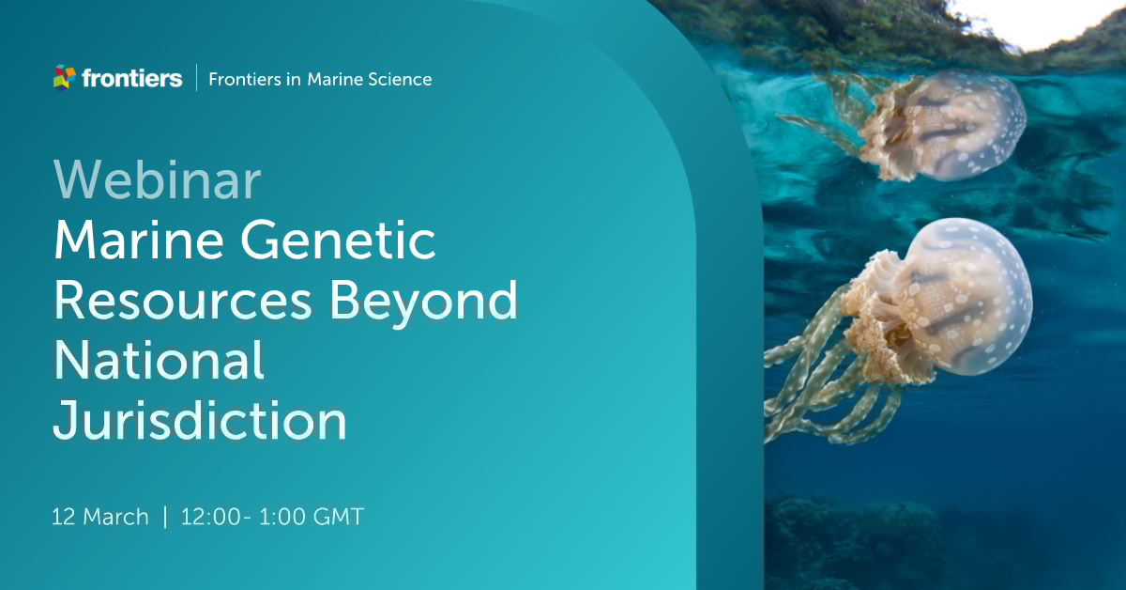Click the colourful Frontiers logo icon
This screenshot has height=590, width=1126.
64,78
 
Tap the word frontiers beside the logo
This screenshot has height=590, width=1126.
131,79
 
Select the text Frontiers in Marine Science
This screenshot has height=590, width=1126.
319,79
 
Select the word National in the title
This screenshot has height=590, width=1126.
159,360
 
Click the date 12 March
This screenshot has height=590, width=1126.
100,517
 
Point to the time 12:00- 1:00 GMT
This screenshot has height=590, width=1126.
272,517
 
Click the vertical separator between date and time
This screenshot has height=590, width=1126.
165,517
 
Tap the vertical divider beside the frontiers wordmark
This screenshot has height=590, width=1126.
196,78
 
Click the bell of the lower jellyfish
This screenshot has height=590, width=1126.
966,291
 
